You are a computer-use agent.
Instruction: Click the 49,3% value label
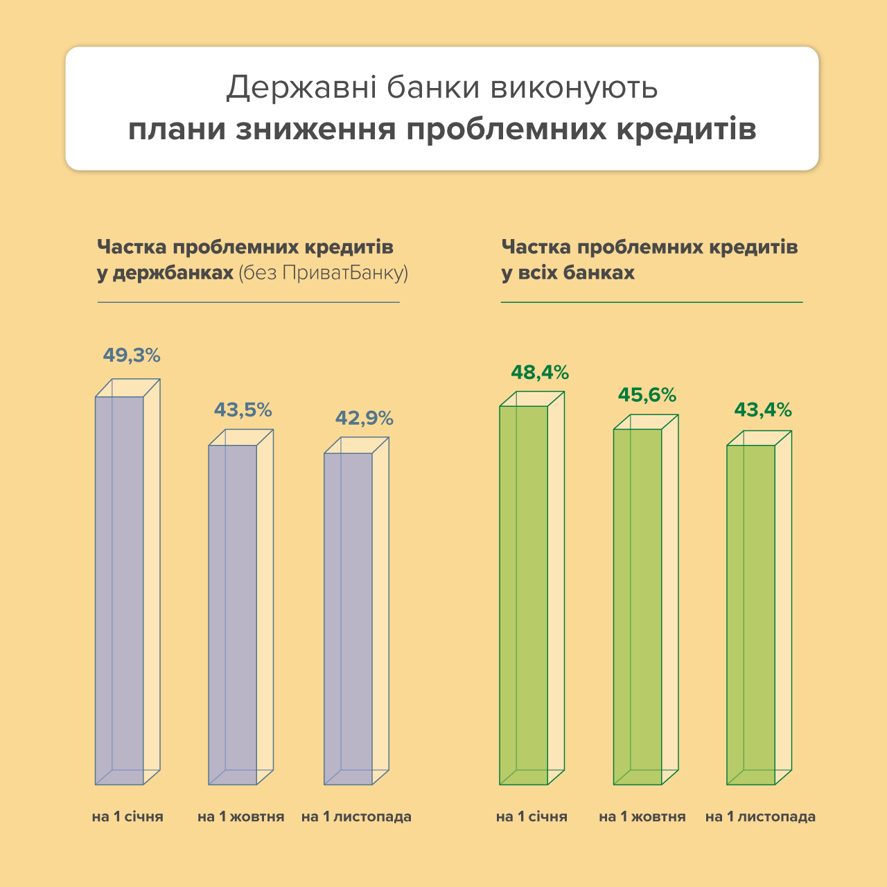pyautogui.click(x=132, y=355)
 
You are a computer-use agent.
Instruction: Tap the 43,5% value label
pyautogui.click(x=243, y=410)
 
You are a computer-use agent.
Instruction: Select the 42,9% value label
pyautogui.click(x=365, y=419)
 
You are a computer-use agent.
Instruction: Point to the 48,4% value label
pyautogui.click(x=540, y=373)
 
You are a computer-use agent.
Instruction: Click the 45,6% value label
pyautogui.click(x=647, y=395)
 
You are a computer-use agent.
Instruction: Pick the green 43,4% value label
pyautogui.click(x=763, y=410)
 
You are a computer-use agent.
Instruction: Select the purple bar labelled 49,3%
pyautogui.click(x=119, y=589)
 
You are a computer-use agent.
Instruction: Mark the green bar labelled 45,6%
pyautogui.click(x=638, y=606)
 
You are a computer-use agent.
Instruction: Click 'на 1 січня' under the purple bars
pyautogui.click(x=128, y=817)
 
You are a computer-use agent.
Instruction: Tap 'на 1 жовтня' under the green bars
pyautogui.click(x=642, y=817)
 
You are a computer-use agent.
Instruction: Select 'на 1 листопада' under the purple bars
pyautogui.click(x=356, y=817)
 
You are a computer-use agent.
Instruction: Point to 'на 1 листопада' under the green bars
pyautogui.click(x=760, y=817)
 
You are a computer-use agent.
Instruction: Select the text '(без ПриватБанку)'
pyautogui.click(x=323, y=273)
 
